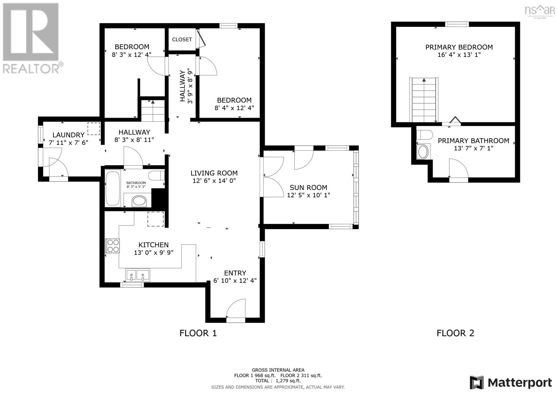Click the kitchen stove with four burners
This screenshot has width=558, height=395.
[112, 246]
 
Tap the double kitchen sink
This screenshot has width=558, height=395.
[137, 275]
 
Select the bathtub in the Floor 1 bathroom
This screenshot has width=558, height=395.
[113, 188]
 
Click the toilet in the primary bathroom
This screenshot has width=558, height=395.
[424, 135]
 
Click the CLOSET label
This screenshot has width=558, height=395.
[182, 39]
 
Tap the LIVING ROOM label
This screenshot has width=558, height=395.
[214, 173]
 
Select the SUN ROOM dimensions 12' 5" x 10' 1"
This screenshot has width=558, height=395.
[308, 195]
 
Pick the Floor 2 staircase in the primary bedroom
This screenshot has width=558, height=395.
[424, 100]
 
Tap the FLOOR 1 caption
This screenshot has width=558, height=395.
[198, 333]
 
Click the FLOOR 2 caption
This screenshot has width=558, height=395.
[455, 333]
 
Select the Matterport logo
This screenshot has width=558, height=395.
[511, 382]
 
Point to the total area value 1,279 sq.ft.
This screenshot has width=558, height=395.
[288, 381]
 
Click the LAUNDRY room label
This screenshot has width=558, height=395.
[68, 135]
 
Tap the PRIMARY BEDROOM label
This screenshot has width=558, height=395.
[459, 47]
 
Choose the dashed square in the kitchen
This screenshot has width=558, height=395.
[156, 219]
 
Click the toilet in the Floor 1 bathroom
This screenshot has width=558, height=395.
[156, 175]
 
